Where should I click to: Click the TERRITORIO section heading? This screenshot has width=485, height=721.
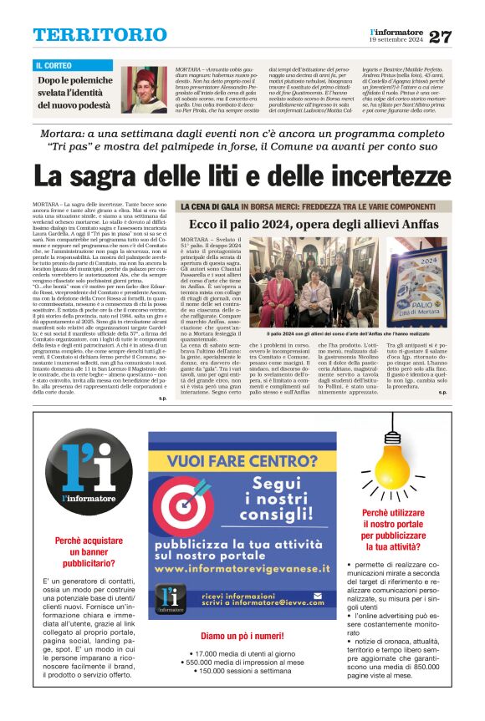[x=89, y=35]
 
